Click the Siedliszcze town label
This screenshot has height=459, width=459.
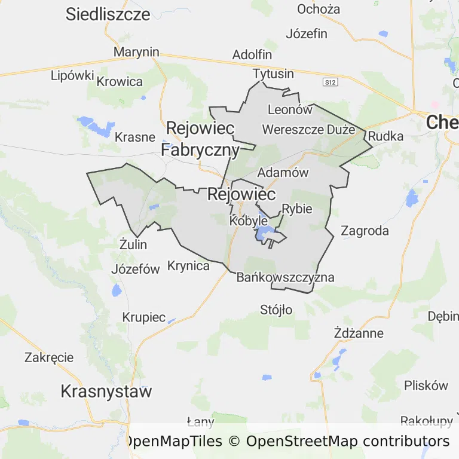(x=108, y=14)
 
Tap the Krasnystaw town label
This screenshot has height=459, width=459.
(x=106, y=392)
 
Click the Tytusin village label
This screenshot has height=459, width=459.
(x=274, y=74)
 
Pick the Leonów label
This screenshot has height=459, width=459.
(x=290, y=109)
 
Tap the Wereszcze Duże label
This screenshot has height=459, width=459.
(x=308, y=129)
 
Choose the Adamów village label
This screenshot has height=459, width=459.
(x=283, y=173)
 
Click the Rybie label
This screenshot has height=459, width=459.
(x=296, y=209)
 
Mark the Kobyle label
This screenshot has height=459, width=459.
(x=249, y=221)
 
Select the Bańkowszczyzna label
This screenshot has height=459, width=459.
(x=286, y=277)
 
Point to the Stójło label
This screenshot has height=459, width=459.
(x=277, y=310)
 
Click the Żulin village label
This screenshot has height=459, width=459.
(x=133, y=244)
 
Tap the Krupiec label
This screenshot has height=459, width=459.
(x=144, y=317)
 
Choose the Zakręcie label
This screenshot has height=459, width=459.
(x=49, y=357)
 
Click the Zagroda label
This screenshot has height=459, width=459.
(x=365, y=231)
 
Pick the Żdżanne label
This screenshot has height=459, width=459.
(x=359, y=333)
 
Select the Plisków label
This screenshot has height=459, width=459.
(x=426, y=385)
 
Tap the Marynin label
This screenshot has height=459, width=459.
(x=136, y=52)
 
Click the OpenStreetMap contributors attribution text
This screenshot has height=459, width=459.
(x=347, y=442)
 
